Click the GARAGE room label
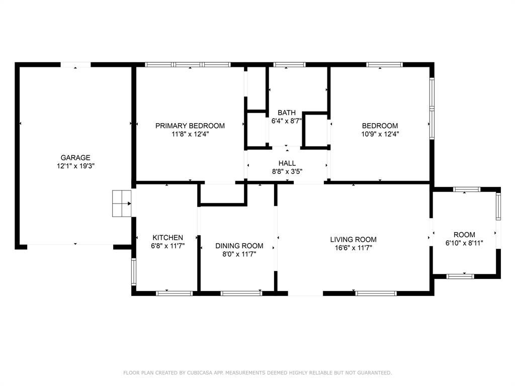tap(75, 157)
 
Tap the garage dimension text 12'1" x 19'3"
tap(75, 166)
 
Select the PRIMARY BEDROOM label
tap(190, 126)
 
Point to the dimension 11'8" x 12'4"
tap(190, 134)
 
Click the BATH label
tap(286, 113)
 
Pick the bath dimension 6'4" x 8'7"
tap(286, 121)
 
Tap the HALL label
tap(287, 163)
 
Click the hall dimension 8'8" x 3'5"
tap(287, 171)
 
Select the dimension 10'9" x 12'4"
tap(380, 134)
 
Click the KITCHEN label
tap(168, 238)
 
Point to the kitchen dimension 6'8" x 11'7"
tap(168, 246)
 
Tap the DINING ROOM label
tap(239, 246)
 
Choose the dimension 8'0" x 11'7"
tap(239, 254)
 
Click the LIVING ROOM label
tap(354, 240)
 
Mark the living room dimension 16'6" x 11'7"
tap(354, 248)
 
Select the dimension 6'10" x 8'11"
tap(464, 243)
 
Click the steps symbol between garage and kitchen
tap(122, 204)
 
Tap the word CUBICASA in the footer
tap(198, 372)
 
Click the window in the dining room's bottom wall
tap(241, 294)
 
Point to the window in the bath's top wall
tap(289, 65)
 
